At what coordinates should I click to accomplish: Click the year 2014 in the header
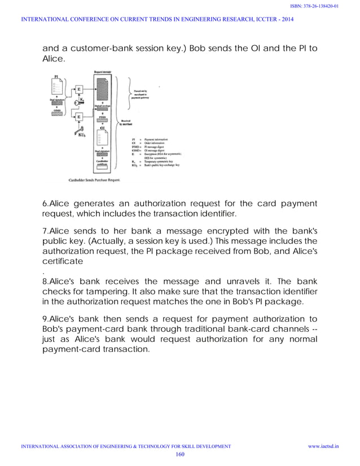[x=287, y=20]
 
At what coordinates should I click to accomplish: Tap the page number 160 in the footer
[x=180, y=454]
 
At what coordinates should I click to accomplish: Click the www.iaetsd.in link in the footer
[x=323, y=446]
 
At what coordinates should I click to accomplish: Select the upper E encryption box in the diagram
[x=78, y=89]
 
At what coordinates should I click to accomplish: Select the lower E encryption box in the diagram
[x=78, y=117]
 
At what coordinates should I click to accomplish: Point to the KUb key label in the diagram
[x=81, y=136]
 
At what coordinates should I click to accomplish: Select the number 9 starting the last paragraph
[x=45, y=317]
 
